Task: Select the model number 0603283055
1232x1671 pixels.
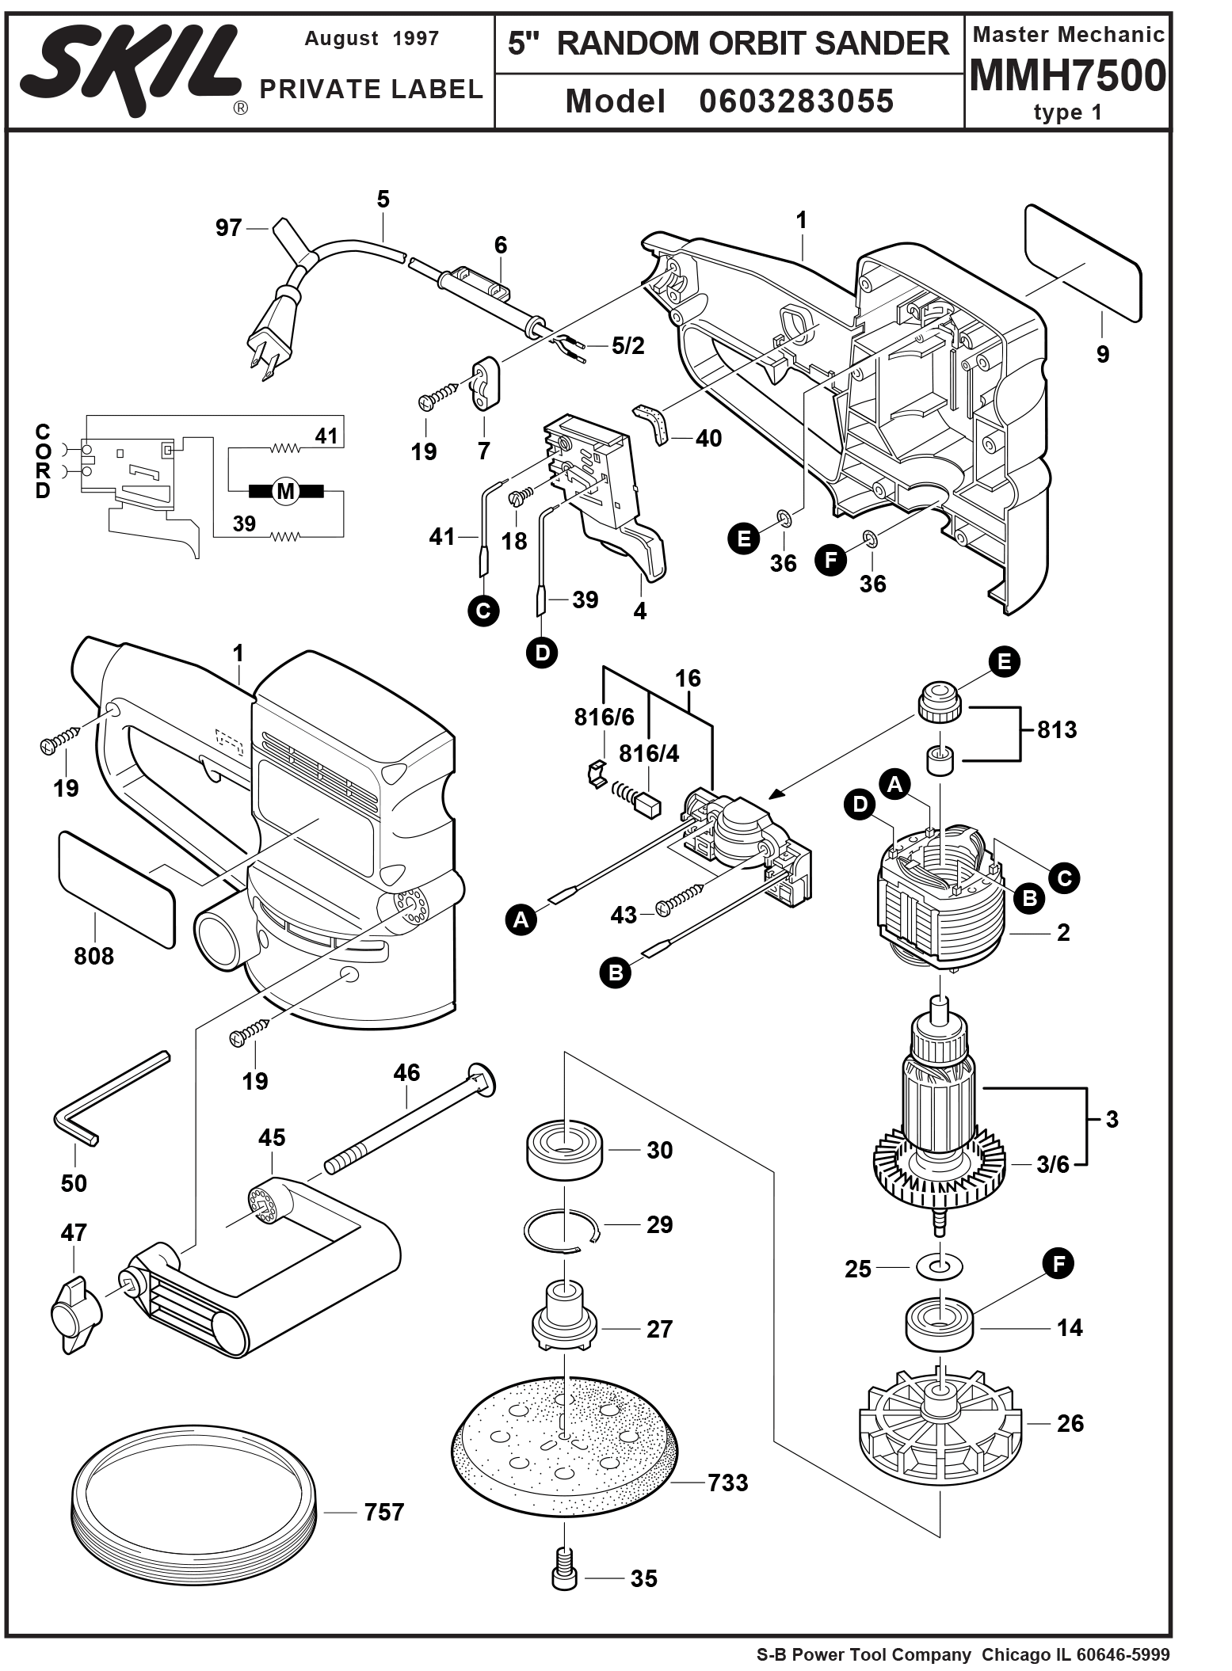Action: (795, 101)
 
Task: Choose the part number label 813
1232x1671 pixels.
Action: (1057, 729)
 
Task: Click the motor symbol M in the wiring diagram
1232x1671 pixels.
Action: (285, 492)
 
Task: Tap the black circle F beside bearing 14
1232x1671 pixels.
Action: (1058, 1262)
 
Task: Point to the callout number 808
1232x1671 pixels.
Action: (93, 956)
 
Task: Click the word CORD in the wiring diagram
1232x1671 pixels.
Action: (43, 462)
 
